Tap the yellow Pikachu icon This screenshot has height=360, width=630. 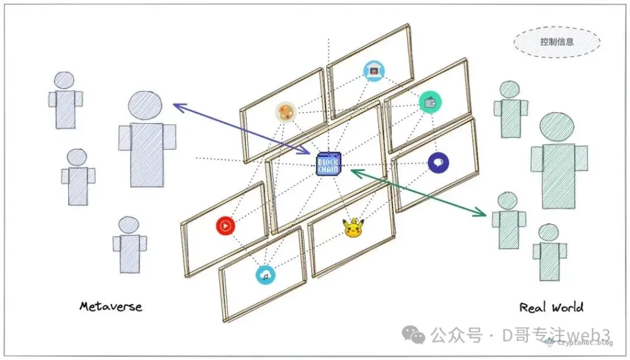click(x=353, y=228)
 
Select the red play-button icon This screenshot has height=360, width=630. click(x=226, y=226)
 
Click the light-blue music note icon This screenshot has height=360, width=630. click(x=265, y=274)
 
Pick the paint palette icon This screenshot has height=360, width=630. click(x=285, y=112)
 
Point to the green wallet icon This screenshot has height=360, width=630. click(x=430, y=102)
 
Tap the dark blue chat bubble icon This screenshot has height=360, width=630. click(x=438, y=162)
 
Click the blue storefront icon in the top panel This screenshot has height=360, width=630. click(x=373, y=71)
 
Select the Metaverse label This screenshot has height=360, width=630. click(x=111, y=306)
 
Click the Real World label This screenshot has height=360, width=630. click(x=551, y=307)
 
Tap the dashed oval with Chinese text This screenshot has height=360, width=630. click(x=556, y=42)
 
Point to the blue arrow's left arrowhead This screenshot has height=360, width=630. click(x=177, y=106)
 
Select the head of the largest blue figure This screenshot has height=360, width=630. click(x=146, y=106)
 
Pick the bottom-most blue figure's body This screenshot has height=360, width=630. click(x=129, y=253)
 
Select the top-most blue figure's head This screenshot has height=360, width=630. click(x=64, y=81)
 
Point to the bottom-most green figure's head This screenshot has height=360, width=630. click(x=548, y=233)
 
